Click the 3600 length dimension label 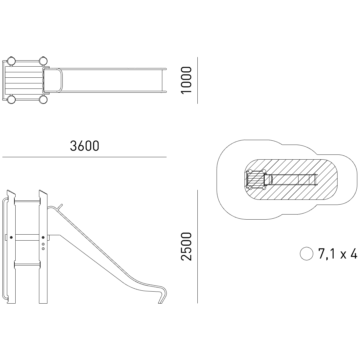point(84,146)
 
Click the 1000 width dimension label point(186,80)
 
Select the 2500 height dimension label point(186,246)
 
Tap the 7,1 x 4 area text point(337,254)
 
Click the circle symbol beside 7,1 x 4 point(306,253)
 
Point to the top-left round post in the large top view point(11,61)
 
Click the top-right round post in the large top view point(43,61)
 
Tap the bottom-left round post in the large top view point(11,100)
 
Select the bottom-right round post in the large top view point(43,100)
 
